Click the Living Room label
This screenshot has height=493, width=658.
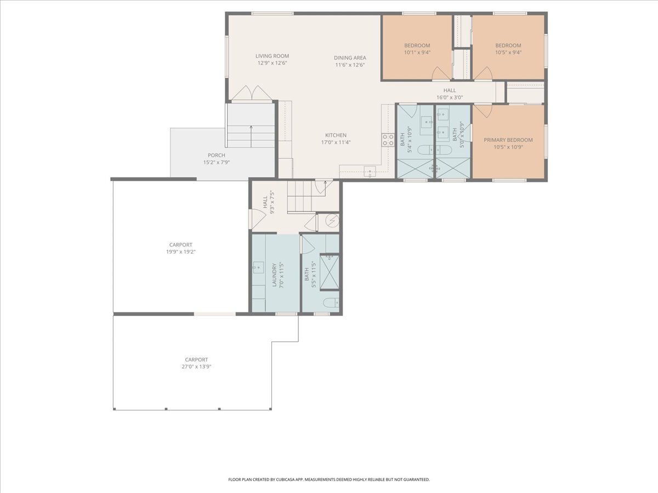[x=272, y=56]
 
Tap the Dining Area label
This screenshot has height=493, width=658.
[x=350, y=58]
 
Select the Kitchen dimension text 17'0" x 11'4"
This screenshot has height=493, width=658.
[x=336, y=142]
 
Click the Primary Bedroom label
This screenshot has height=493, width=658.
[x=508, y=140]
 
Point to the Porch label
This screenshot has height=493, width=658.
[x=217, y=155]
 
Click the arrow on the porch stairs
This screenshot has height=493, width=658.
[x=251, y=136]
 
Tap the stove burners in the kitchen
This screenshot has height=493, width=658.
[x=388, y=140]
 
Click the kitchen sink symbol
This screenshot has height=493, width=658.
[x=370, y=171]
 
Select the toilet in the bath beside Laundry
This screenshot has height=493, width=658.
[x=331, y=302]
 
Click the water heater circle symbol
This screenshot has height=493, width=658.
[x=332, y=221]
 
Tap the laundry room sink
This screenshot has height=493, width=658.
[x=258, y=267]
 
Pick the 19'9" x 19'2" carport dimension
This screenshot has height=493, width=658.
[x=181, y=252]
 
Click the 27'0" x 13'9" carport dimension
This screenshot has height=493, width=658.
[x=196, y=366]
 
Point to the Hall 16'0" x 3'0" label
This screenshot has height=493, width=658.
[x=450, y=94]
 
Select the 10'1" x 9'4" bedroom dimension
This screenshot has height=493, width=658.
[x=417, y=53]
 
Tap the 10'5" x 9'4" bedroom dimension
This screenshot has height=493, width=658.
[x=508, y=53]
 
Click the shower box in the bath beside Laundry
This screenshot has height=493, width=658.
[x=330, y=272]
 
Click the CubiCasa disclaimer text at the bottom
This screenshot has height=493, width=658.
[x=329, y=479]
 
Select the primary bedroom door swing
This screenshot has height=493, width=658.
[x=483, y=111]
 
